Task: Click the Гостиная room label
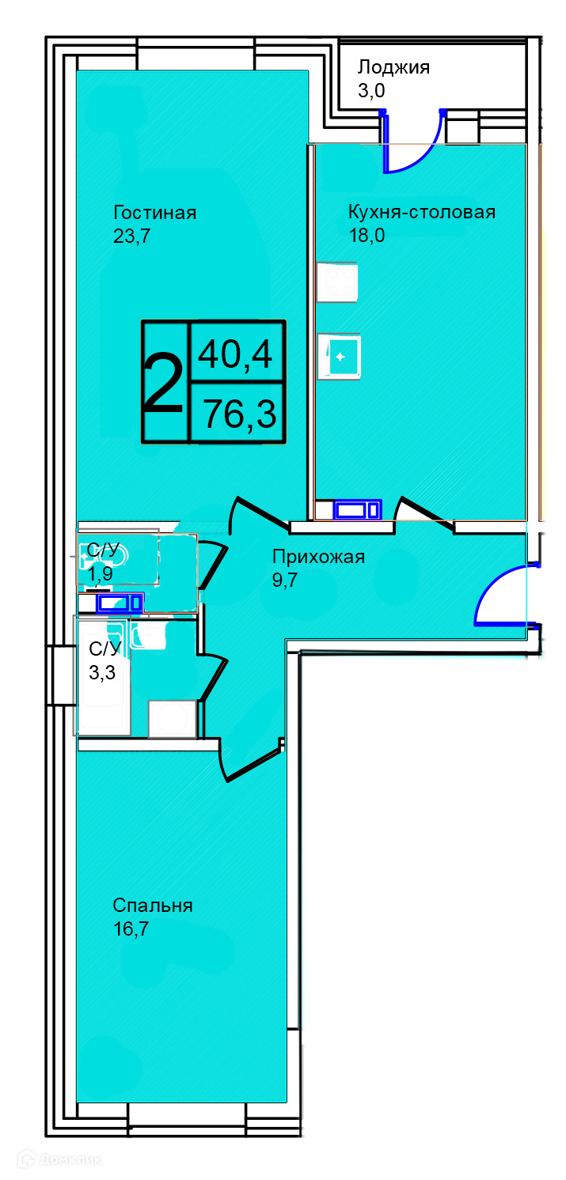(154, 213)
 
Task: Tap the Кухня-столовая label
(421, 212)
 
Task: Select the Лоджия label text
(393, 68)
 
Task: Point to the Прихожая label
(318, 557)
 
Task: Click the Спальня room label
(153, 906)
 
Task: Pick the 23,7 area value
(132, 236)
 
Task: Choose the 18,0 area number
(367, 235)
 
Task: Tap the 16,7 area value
(131, 928)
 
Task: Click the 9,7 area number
(285, 580)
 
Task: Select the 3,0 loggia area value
(371, 91)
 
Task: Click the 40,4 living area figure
(235, 354)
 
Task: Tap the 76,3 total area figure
(240, 414)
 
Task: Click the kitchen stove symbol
(337, 282)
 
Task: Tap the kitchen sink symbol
(340, 357)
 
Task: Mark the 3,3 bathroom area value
(102, 673)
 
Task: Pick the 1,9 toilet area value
(101, 573)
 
